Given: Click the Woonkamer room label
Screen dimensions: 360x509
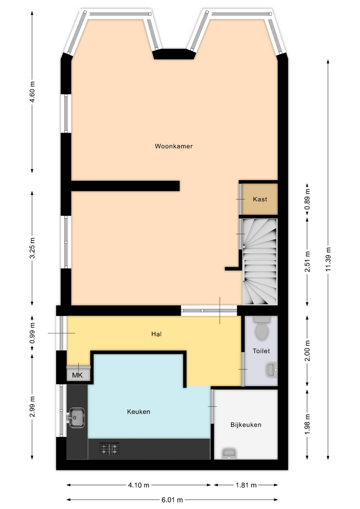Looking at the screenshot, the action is click(174, 146).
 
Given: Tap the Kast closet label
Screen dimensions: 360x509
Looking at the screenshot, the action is click(260, 199).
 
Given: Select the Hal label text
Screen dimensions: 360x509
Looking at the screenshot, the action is click(156, 334).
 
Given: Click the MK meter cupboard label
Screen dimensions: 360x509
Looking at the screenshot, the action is click(77, 375).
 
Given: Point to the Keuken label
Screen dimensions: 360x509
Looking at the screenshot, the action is click(138, 411).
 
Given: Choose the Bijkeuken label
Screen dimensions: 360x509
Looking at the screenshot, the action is click(245, 425).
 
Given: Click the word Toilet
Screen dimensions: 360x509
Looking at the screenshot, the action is click(261, 350).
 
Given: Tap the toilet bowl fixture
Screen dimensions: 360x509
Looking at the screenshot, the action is click(261, 328).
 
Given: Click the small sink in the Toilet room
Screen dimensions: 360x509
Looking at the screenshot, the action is click(272, 370).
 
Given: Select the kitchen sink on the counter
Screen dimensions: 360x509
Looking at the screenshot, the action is click(76, 418).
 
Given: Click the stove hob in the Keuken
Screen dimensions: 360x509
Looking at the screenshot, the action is click(109, 449).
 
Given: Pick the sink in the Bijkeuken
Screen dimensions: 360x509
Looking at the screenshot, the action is click(229, 454).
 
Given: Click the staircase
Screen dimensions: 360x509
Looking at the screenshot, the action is click(260, 261).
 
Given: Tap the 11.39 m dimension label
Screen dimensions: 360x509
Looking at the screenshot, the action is click(328, 259).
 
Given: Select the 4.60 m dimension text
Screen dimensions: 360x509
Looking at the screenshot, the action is click(32, 92).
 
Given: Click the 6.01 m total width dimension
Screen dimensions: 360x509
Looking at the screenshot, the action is click(172, 500).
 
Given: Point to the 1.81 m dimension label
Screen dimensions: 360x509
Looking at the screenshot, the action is click(246, 485).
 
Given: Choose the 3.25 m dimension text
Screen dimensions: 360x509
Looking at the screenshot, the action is click(32, 248).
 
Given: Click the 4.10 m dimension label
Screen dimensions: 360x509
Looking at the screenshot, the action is click(138, 485).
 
